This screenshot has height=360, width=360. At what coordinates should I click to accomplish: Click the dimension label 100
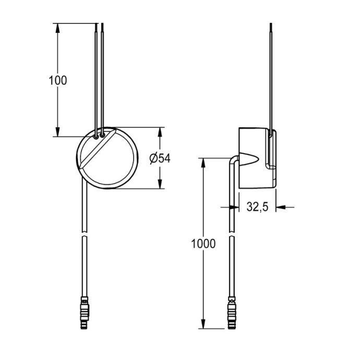click(58, 80)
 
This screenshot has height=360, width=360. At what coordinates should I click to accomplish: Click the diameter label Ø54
click(160, 158)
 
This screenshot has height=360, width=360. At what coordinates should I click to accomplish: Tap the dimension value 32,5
click(257, 207)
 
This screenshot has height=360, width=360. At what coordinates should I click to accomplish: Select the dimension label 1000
click(203, 244)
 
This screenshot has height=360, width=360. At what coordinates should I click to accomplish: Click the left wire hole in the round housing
click(96, 137)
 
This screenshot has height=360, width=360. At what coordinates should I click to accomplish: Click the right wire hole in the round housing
click(102, 135)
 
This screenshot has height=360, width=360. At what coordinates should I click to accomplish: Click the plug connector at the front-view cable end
click(84, 313)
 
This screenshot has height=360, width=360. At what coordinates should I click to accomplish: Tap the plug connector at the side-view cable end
click(232, 313)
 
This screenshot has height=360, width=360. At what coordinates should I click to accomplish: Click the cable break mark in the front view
click(84, 234)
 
